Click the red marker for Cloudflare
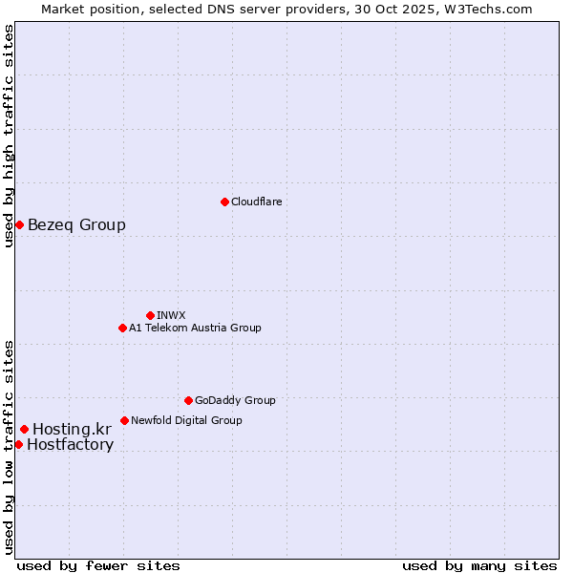(224, 202)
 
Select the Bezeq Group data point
(19, 224)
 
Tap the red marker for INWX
(150, 315)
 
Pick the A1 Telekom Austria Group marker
(122, 328)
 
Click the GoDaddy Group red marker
(188, 400)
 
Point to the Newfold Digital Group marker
(124, 420)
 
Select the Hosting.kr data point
(24, 429)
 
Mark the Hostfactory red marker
(18, 444)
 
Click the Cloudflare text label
(257, 202)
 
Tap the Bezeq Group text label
(76, 225)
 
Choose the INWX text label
(171, 315)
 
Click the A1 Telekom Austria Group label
(195, 328)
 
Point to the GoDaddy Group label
(235, 400)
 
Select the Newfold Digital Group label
(186, 420)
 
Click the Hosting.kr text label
(72, 430)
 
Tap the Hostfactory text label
(70, 445)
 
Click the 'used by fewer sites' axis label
(98, 565)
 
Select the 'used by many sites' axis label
(479, 565)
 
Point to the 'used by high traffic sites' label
(9, 136)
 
